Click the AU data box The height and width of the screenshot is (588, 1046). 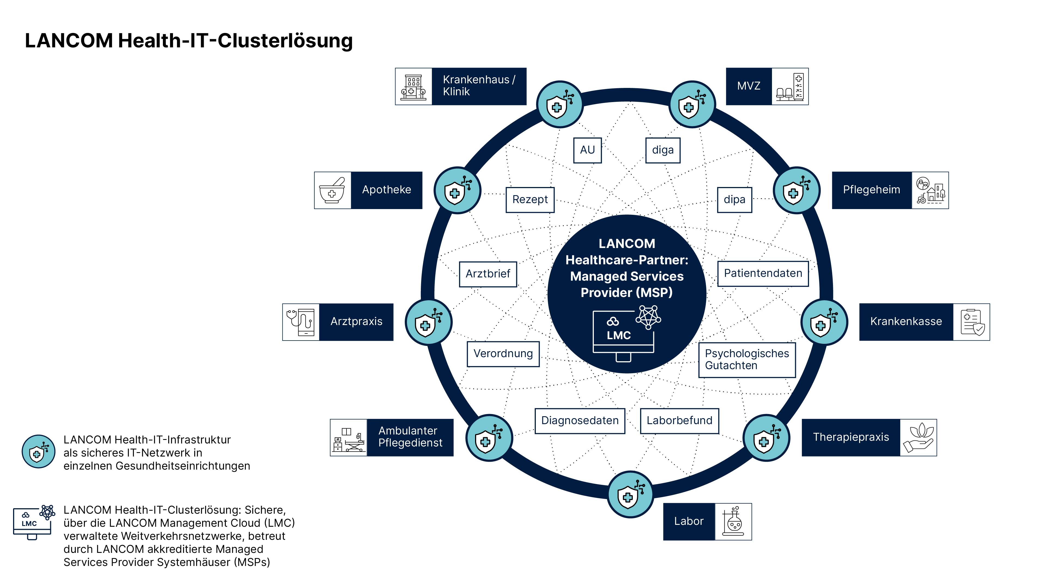click(x=587, y=150)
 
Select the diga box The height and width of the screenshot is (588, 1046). click(x=663, y=150)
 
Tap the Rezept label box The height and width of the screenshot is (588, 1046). click(x=530, y=200)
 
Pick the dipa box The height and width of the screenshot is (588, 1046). click(x=734, y=200)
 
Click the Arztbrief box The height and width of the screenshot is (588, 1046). click(x=488, y=274)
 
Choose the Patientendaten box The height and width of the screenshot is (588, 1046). click(x=763, y=274)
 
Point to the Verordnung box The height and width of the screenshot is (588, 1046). click(x=503, y=354)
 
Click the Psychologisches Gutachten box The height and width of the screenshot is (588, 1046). click(x=746, y=360)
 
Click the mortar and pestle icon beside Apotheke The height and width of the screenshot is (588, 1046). click(x=332, y=190)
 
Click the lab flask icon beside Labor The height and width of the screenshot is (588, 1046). click(x=733, y=522)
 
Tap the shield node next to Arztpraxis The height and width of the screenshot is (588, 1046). click(x=428, y=323)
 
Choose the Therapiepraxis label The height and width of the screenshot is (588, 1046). click(x=851, y=437)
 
